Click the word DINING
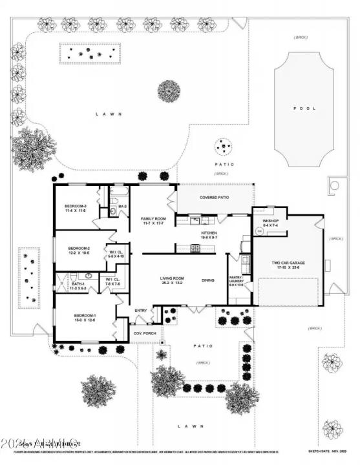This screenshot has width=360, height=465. click(208, 280)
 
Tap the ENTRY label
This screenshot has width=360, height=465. click(140, 311)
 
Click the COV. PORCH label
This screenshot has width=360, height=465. click(142, 333)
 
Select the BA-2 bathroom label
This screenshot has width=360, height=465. click(122, 207)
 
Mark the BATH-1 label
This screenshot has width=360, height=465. click(78, 286)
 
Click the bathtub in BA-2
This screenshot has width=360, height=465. click(120, 192)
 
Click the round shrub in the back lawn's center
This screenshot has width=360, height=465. click(170, 90)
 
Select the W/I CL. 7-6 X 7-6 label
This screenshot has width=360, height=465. click(112, 282)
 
